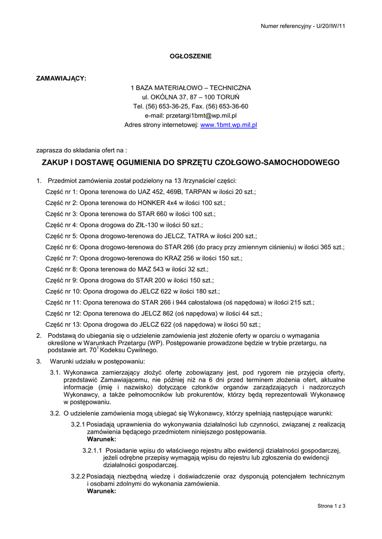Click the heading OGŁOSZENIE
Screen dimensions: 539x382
tap(190, 56)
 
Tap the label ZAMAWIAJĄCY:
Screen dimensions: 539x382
tap(61, 78)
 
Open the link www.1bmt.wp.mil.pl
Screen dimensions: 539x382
tap(229, 125)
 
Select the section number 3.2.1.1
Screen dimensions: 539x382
tap(92, 451)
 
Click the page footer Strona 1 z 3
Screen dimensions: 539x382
tap(331, 506)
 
